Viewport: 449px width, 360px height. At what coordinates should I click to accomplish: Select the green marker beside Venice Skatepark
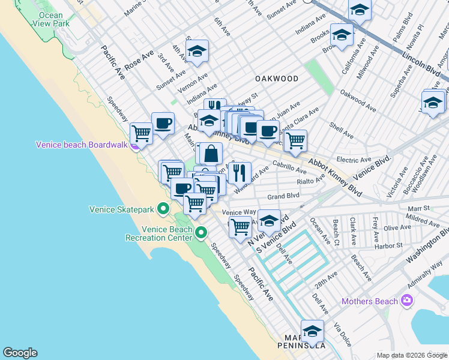[x=163, y=209]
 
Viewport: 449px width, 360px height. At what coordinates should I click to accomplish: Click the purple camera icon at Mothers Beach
[x=408, y=300]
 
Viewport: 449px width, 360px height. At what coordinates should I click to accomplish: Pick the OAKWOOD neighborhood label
[x=276, y=79]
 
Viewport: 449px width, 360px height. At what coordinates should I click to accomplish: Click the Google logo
[x=20, y=353]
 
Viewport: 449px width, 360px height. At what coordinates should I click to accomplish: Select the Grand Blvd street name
[x=283, y=196]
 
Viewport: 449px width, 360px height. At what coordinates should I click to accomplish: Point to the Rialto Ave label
[x=311, y=180]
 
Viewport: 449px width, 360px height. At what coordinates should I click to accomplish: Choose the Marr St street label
[x=418, y=208]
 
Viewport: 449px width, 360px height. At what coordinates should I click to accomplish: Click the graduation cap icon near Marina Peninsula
[x=312, y=331]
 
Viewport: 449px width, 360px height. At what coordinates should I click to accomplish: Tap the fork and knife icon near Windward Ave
[x=240, y=172]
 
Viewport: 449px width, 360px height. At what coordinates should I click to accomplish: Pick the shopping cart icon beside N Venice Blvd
[x=240, y=227]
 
